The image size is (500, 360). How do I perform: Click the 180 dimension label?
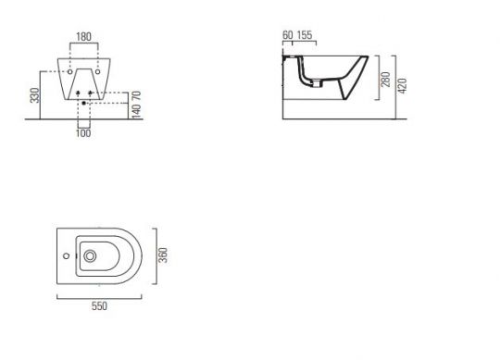[x=83, y=37]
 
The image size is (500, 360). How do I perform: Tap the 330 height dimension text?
[x=35, y=95]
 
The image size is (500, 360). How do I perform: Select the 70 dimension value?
[x=136, y=95]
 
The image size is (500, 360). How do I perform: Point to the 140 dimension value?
[x=136, y=111]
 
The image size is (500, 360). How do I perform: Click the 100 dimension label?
[x=83, y=133]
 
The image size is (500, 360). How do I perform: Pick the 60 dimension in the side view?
[x=288, y=35]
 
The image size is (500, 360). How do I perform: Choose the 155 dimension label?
[x=305, y=35]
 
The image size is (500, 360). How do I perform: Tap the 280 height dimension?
[x=385, y=80]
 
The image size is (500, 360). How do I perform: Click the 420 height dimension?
[x=403, y=86]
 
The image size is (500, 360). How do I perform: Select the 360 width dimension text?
[x=163, y=255]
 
